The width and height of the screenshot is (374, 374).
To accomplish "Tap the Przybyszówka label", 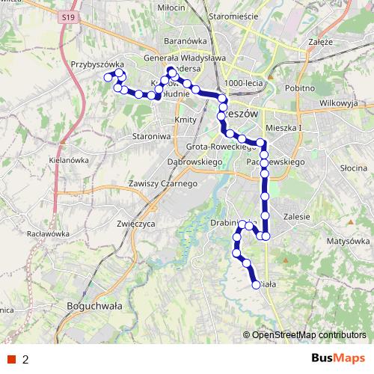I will pyautogui.click(x=96, y=65).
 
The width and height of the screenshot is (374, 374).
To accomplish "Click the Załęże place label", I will pyautogui.click(x=319, y=42).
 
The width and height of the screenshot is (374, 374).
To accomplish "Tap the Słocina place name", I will pyautogui.click(x=350, y=169).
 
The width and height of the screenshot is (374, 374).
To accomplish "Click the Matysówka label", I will pyautogui.click(x=349, y=242).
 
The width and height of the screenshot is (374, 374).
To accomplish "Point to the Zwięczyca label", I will pyautogui.click(x=135, y=223).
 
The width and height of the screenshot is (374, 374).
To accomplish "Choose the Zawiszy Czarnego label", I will pyautogui.click(x=162, y=184).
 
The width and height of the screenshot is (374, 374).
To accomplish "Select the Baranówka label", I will pyautogui.click(x=185, y=42).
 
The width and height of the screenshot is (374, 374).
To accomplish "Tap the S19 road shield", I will pyautogui.click(x=69, y=16).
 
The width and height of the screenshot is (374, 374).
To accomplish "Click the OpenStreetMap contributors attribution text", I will pyautogui.click(x=308, y=336).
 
